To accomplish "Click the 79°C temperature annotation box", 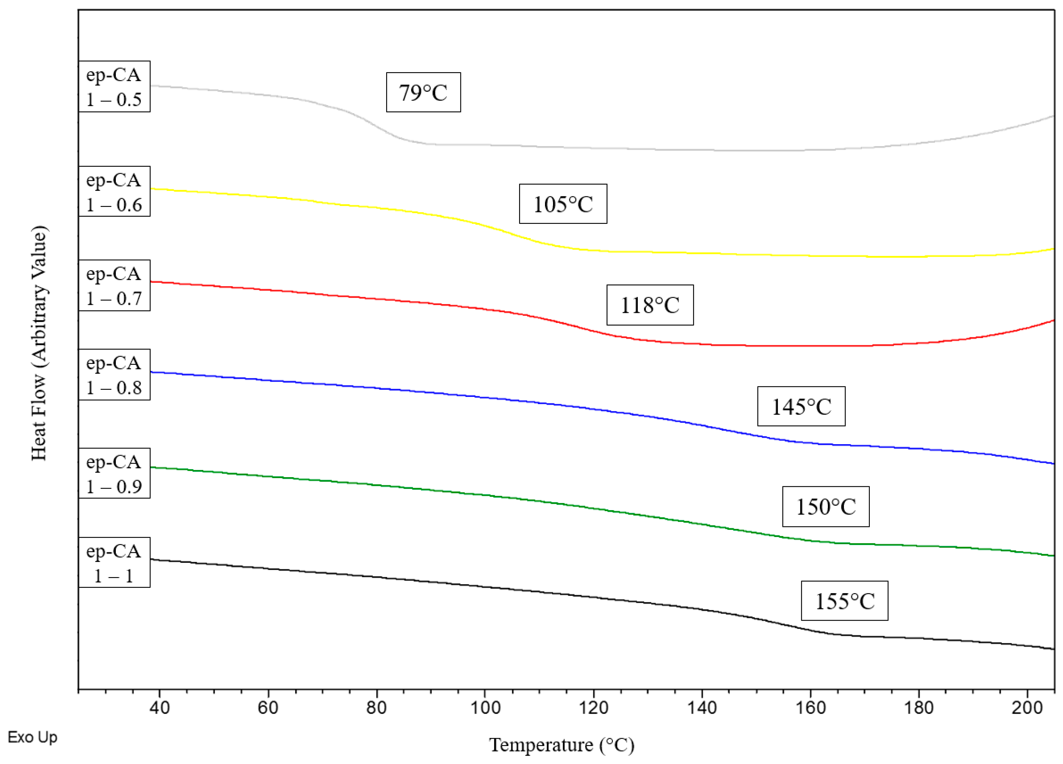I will [423, 92].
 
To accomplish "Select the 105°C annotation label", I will [563, 204].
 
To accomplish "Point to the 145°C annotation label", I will [801, 406].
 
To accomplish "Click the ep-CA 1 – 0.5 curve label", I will [114, 87].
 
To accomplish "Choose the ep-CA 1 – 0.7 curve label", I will [114, 285].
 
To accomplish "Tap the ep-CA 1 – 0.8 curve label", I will [114, 375].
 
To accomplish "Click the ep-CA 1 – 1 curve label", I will [114, 563].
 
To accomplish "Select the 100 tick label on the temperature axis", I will [485, 707].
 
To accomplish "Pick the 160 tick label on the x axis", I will [810, 707].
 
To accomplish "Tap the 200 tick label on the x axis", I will [1027, 707].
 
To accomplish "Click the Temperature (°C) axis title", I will [562, 745].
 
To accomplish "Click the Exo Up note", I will [32, 737].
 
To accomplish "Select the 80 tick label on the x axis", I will [376, 707].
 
